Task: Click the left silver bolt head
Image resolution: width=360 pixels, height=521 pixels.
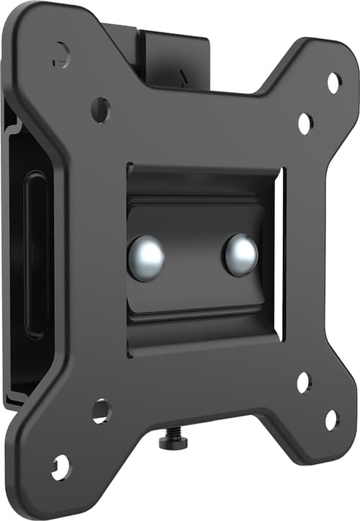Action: (146, 257)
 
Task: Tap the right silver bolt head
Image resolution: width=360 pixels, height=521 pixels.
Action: (240, 254)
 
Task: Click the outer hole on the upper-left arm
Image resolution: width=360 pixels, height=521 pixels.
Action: (61, 53)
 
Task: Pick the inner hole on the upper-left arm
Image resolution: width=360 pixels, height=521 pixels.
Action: (101, 110)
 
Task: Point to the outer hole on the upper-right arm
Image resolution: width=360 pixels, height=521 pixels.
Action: (333, 81)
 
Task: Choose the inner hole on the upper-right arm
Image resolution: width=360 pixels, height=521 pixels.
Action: (305, 123)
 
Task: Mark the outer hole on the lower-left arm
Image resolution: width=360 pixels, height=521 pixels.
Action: (61, 467)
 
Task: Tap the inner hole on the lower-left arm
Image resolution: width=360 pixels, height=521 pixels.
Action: (101, 411)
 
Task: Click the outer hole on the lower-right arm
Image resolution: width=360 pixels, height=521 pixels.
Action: (332, 419)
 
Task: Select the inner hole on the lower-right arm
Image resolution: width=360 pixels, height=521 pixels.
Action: (303, 382)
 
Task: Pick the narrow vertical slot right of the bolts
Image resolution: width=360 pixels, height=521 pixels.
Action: (280, 252)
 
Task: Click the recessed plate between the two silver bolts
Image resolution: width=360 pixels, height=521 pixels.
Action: (193, 256)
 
